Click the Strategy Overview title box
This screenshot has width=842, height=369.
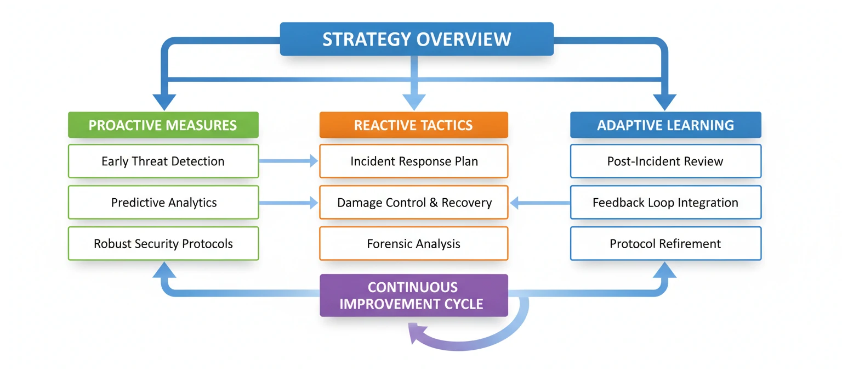[417, 39]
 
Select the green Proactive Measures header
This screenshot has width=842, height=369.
[163, 125]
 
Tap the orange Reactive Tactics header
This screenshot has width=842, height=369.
[413, 125]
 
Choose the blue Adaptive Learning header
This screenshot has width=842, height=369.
[665, 125]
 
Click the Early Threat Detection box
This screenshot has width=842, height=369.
[163, 161]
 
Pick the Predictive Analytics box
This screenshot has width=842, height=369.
[163, 203]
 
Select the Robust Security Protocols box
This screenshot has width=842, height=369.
[163, 244]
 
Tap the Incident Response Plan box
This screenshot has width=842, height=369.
[413, 161]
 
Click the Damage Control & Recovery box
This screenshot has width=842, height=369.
[413, 203]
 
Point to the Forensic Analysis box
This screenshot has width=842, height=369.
[413, 244]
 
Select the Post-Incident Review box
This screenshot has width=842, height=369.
[665, 161]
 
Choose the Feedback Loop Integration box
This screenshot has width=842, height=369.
[665, 203]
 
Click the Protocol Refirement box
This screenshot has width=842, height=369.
[665, 244]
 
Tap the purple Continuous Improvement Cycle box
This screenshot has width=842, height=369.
[413, 295]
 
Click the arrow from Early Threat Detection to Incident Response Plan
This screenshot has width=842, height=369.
[288, 161]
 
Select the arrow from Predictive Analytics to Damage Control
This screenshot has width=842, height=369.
[288, 203]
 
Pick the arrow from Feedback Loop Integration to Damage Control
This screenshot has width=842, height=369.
[539, 203]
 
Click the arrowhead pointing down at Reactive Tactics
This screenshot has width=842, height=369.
[414, 102]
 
